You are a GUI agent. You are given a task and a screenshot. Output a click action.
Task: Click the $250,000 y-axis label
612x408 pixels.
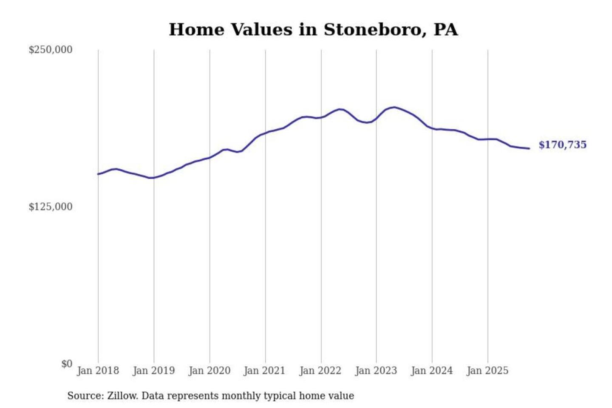point(51,50)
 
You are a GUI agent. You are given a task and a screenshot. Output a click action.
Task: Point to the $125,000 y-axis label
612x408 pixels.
point(51,207)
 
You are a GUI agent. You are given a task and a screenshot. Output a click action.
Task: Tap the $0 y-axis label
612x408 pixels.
point(67,364)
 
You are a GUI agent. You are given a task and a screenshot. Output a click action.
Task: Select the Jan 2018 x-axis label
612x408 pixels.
point(98,371)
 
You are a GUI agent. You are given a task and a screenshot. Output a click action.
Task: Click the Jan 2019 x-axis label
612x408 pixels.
point(153,371)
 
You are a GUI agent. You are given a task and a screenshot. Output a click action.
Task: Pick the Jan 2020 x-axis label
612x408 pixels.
point(209,371)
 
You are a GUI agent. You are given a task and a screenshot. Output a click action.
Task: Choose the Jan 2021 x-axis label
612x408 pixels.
point(264,371)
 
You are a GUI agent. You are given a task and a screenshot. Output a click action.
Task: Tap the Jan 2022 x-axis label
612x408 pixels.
point(320,371)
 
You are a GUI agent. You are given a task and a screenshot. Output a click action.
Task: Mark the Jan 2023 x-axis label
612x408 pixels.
point(376,371)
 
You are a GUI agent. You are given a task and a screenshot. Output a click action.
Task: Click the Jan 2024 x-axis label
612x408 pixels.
point(431,371)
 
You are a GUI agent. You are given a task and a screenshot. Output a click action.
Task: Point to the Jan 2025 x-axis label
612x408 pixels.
point(487,371)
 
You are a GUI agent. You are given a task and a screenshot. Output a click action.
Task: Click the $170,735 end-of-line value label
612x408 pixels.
point(562,145)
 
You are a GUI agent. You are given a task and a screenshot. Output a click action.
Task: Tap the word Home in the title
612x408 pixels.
point(196,30)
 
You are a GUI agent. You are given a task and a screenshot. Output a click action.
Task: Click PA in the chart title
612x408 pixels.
point(446,30)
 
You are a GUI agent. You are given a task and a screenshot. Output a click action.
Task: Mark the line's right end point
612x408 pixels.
point(529,148)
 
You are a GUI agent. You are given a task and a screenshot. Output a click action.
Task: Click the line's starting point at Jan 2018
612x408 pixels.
point(98,174)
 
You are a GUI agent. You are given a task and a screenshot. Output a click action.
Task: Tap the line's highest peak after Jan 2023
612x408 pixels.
point(394,107)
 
